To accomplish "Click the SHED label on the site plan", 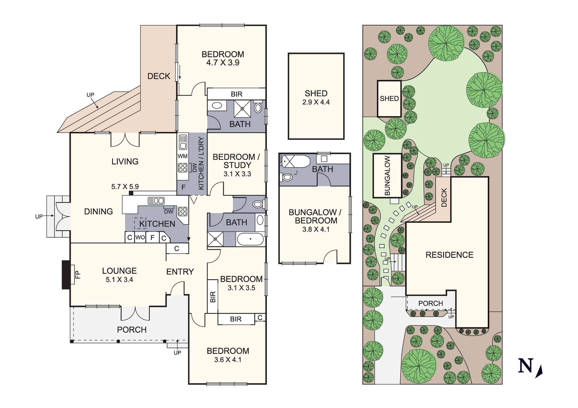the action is [389, 98].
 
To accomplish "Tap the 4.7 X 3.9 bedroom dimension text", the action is [223, 63].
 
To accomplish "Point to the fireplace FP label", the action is [77, 274].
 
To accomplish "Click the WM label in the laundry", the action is [183, 156].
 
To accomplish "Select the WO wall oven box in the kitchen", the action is [140, 238].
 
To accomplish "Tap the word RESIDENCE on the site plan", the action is [449, 255].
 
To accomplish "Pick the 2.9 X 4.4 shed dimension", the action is [316, 102].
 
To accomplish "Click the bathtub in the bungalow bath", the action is [295, 161].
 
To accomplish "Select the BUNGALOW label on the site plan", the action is [387, 176].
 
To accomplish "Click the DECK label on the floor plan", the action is [159, 76].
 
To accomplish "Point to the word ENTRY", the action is [180, 271].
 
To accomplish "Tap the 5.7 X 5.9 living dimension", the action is [125, 187].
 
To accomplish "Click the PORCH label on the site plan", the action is [431, 303].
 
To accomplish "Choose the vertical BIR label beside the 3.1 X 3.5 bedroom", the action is [213, 297].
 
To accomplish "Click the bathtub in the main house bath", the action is [250, 239].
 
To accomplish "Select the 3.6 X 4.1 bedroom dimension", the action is [228, 359].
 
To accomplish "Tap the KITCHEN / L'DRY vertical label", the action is [201, 163].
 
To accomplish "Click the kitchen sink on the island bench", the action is [156, 200].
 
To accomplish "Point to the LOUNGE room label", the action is [119, 271].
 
